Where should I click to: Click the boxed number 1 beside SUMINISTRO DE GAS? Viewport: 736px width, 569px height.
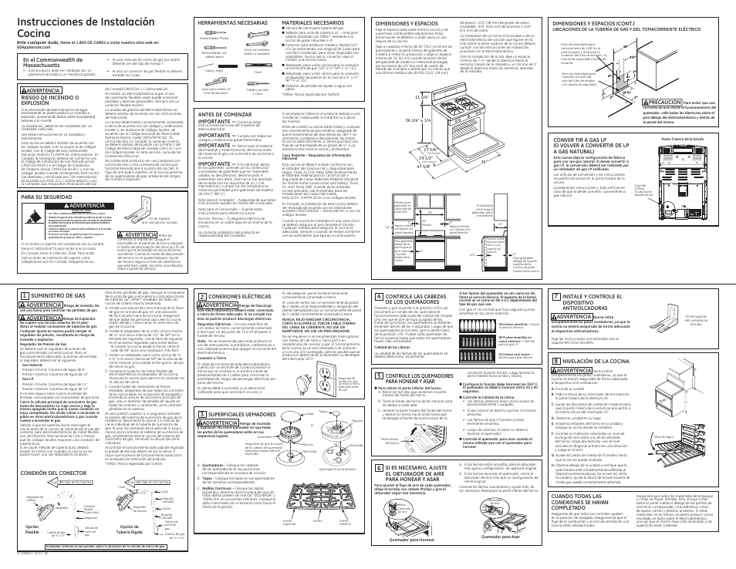click(25, 274)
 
